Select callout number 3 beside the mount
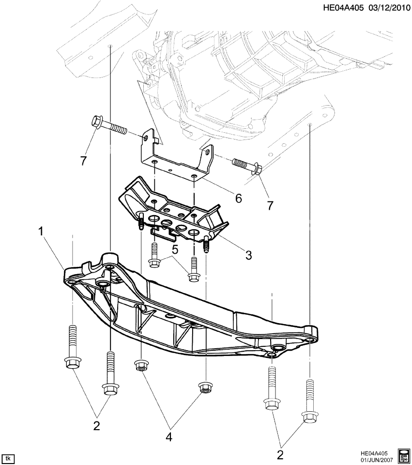[x=248, y=255]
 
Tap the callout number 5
[x=176, y=249]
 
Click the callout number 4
[x=169, y=437]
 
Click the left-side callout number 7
[x=84, y=161]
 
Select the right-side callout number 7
[x=270, y=206]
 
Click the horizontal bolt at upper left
[x=108, y=126]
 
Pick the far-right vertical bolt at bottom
[x=309, y=400]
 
